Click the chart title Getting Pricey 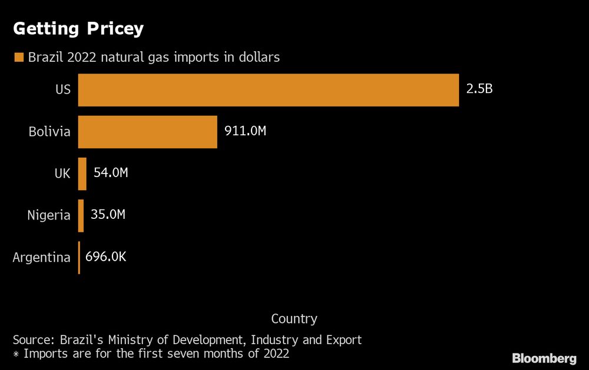click(78, 29)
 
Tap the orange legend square click(19, 58)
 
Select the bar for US click(268, 90)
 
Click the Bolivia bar click(147, 132)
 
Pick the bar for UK click(82, 174)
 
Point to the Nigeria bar click(81, 215)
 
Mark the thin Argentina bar click(79, 257)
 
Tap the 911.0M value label click(245, 131)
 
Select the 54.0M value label click(111, 173)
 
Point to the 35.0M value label click(108, 215)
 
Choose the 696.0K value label click(107, 256)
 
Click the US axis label click(62, 90)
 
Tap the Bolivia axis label click(49, 132)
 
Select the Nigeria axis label click(49, 215)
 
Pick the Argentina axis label click(41, 257)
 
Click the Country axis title click(294, 319)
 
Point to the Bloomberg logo click(544, 358)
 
